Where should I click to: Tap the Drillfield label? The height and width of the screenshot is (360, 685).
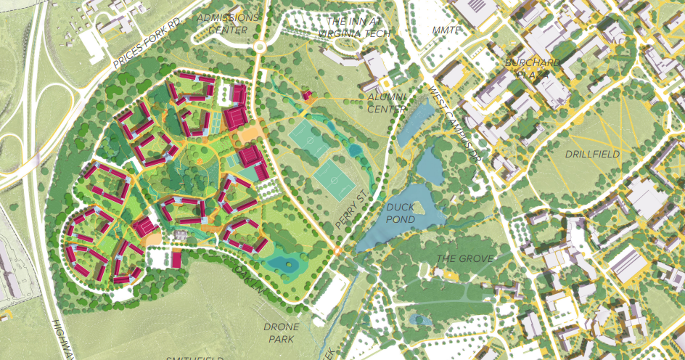coord(593,154)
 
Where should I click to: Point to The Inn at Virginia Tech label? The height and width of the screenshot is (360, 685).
coord(358,28)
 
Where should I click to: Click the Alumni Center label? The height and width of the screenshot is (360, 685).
coord(387,102)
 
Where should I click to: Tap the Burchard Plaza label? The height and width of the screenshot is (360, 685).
coord(535,68)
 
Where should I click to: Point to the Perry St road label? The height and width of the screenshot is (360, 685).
coord(353,210)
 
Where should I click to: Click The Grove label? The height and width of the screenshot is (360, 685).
coord(464,258)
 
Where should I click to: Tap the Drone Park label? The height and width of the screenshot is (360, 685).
coord(281,332)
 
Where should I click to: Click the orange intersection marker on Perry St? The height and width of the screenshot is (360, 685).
coord(337,251)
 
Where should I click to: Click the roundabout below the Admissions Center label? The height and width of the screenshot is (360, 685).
coord(258,48)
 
